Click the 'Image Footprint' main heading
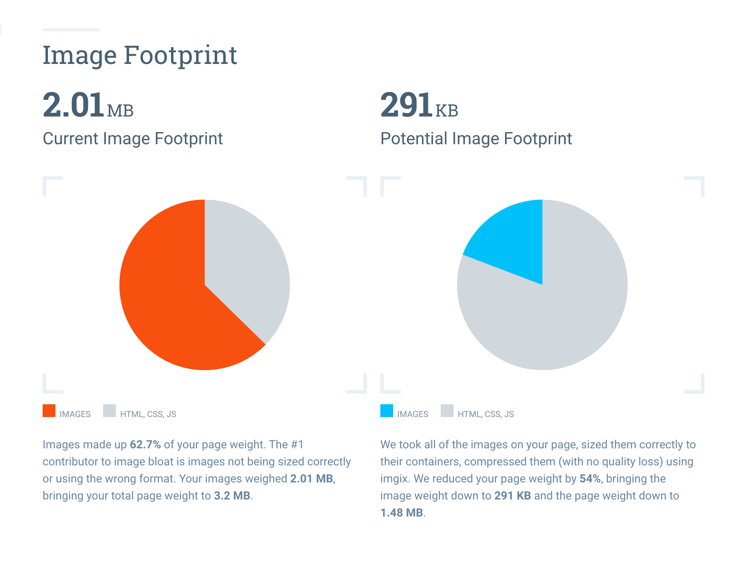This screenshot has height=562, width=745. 140,55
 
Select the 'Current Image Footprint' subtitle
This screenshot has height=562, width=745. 133,139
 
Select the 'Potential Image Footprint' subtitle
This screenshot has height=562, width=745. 476,139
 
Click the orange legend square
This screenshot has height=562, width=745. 49,411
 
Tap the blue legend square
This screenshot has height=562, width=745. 387,411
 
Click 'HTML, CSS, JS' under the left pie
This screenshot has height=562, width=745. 148,414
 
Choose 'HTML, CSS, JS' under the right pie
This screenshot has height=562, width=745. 486,414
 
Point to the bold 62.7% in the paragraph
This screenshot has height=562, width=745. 145,444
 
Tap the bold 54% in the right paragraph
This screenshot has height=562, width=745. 590,479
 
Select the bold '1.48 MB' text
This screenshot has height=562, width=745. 402,513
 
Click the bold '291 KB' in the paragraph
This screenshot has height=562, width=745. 513,496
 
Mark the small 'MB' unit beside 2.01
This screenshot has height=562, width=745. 120,111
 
